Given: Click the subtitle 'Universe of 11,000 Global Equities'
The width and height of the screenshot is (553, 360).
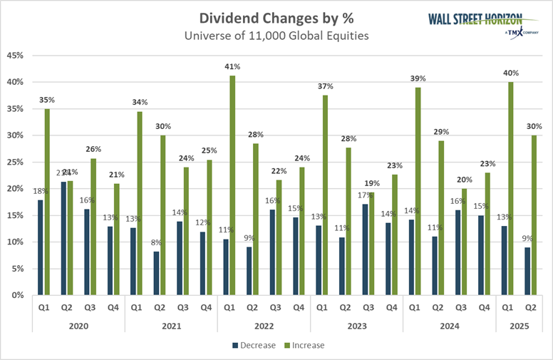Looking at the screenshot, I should click(x=276, y=36).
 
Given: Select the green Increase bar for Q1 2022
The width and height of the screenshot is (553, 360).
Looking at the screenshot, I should click(x=232, y=185).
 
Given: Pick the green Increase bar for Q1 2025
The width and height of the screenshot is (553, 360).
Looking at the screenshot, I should click(x=510, y=188).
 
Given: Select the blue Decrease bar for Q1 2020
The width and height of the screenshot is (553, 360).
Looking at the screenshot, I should click(x=41, y=247).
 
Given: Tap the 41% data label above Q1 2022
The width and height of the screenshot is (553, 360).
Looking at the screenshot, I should click(x=232, y=66).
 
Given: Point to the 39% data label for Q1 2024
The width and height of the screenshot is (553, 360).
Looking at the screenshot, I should click(x=418, y=78).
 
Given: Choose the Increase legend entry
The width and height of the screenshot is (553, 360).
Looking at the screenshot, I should click(x=304, y=346).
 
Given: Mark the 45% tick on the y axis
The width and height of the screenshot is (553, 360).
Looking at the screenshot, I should click(x=16, y=55).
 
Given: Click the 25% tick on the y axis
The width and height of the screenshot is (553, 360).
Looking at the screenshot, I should click(x=16, y=162).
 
